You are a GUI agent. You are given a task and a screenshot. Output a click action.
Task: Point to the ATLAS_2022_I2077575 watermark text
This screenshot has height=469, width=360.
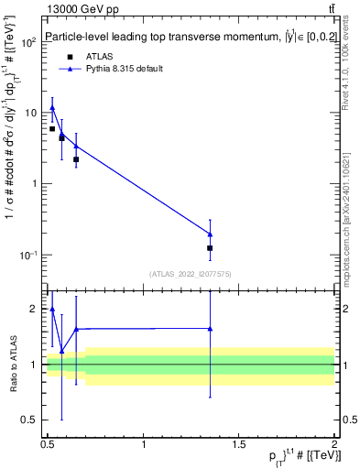pyautogui.click(x=190, y=274)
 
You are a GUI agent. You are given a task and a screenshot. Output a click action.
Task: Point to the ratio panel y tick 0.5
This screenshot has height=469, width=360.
pyautogui.click(x=32, y=420)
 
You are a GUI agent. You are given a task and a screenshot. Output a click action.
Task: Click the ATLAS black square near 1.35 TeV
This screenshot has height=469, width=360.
pyautogui.click(x=211, y=248)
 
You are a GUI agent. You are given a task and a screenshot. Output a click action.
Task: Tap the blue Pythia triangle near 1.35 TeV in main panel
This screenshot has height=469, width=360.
pyautogui.click(x=211, y=234)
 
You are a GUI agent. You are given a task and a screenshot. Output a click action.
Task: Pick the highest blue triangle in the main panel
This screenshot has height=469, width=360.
pyautogui.click(x=52, y=107)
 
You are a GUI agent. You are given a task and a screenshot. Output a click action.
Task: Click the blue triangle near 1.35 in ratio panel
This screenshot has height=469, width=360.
pyautogui.click(x=211, y=328)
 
